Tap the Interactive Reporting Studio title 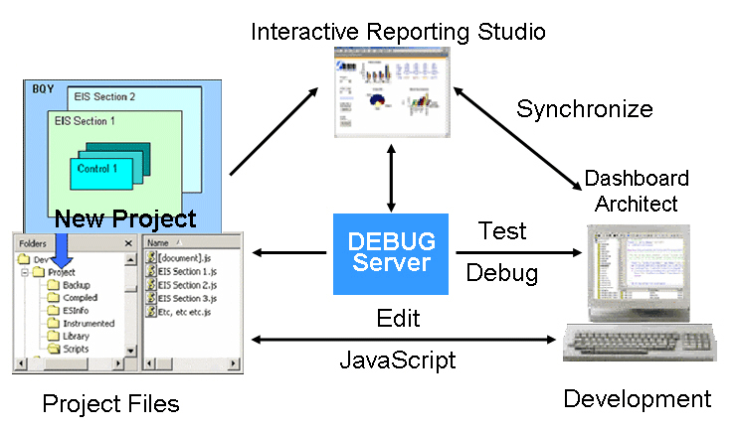pos(398,31)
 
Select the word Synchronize pos(584,108)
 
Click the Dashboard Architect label pos(636,191)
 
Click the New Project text pos(125,218)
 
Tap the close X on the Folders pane pos(128,242)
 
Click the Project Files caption pos(110,403)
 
